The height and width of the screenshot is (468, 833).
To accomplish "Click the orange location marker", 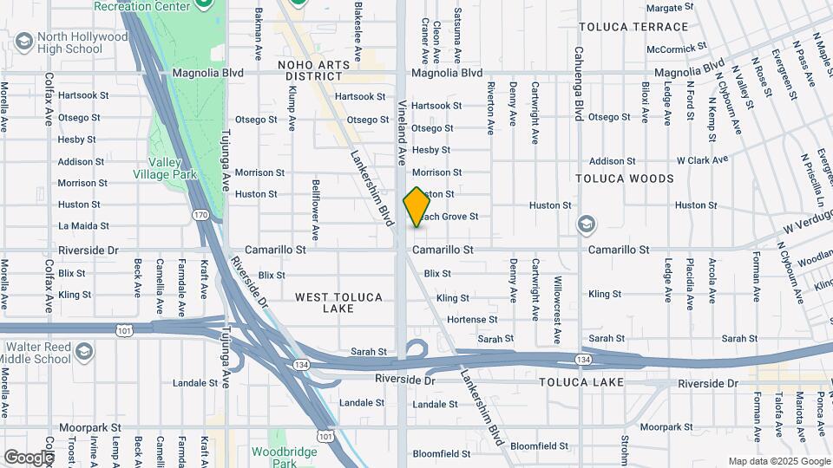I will tap(416, 207).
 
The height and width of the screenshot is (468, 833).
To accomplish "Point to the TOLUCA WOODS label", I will tap(625, 179).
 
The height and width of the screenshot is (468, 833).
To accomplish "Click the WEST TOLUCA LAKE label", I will tap(338, 302).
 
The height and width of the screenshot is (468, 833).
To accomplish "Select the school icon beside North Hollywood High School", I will tap(23, 42).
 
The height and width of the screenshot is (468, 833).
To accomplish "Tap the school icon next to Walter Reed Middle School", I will tap(84, 352).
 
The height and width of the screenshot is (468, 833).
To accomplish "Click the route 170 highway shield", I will tap(200, 214).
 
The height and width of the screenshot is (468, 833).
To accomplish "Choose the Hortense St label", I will tap(473, 320).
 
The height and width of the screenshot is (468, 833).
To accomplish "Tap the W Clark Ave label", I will tap(702, 160).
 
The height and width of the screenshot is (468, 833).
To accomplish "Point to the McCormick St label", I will tap(660, 49).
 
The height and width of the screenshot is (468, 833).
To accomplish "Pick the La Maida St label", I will tap(83, 225).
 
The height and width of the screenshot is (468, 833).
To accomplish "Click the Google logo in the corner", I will tap(29, 457).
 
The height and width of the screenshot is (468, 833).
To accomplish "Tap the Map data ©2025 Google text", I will tap(778, 462).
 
